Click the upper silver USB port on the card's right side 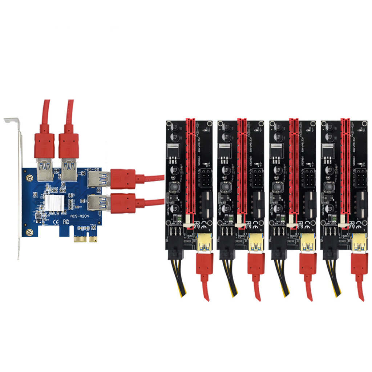point(99,179)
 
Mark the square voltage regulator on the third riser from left point(276,149)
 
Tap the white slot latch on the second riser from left point(239,222)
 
